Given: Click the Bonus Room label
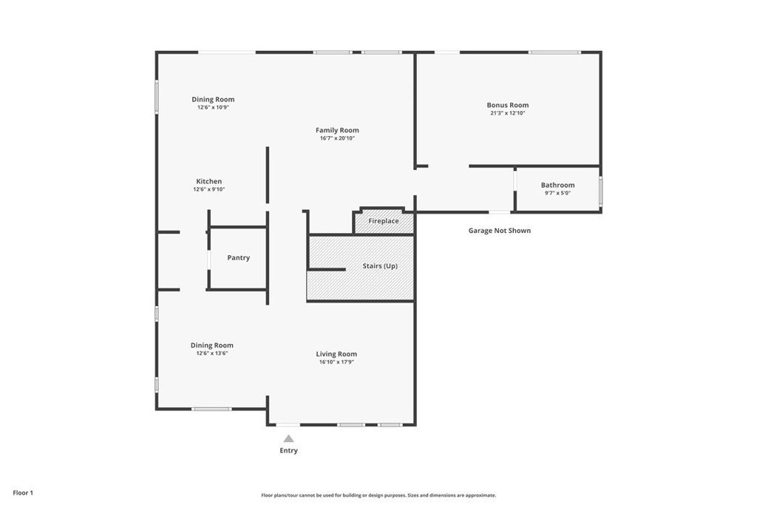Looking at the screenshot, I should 507,105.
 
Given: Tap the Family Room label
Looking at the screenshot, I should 337,130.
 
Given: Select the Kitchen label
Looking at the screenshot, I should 208,181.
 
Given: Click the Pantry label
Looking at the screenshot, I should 238,258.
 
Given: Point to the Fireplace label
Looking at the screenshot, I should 384,221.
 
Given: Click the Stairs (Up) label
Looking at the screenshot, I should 380,265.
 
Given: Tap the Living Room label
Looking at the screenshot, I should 336,354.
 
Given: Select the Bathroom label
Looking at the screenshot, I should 557,185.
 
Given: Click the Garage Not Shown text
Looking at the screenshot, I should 499,231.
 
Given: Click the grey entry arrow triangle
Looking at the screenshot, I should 288,438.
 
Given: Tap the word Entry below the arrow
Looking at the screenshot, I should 288,450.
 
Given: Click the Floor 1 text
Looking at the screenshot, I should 23,492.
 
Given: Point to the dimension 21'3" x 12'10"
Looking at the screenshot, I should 507,113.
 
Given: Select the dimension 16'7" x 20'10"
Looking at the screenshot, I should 337,138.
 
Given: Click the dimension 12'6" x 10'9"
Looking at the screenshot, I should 213,107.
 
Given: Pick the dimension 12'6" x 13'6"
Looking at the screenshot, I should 211,353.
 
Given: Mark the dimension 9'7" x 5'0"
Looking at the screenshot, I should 557,193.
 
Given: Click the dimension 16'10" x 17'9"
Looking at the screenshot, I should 336,362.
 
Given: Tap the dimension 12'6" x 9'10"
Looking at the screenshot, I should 208,189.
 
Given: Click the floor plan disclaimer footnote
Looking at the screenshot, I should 378,495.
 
